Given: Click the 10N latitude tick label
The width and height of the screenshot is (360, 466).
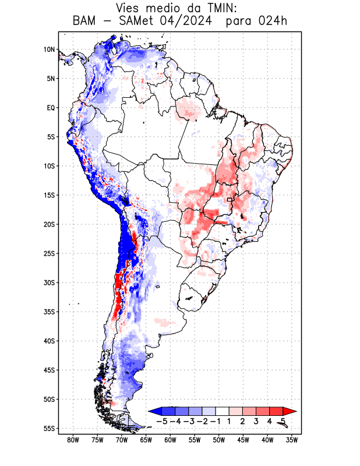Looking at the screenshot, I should (49, 50).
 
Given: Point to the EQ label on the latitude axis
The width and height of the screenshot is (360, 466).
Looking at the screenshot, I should (50, 108).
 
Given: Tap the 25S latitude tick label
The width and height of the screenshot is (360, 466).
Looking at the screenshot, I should (49, 253).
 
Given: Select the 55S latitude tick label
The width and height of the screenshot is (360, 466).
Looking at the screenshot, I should (49, 428).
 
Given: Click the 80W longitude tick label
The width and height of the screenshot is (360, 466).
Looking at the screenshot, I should (73, 440).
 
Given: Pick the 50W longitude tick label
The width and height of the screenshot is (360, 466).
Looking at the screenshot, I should (219, 440).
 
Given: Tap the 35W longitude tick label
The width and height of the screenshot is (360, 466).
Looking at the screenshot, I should (292, 440).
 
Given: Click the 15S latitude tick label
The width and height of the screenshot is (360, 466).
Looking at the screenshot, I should (49, 195).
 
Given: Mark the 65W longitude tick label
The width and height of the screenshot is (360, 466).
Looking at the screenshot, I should (146, 440).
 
